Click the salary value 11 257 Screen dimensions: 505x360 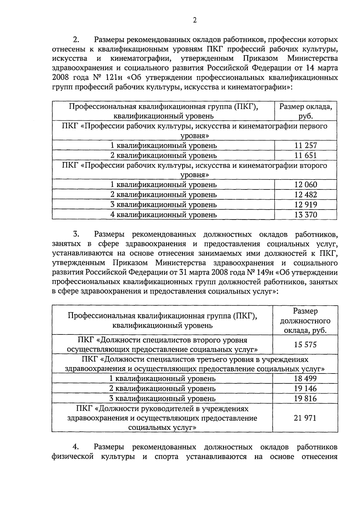pos(305,146)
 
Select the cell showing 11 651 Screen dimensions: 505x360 pos(305,156)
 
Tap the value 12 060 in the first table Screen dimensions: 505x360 pos(305,185)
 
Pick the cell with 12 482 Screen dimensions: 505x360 pos(305,195)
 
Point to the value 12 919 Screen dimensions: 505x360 pos(305,205)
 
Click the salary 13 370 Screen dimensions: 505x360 pos(305,215)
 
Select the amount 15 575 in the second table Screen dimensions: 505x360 pos(305,345)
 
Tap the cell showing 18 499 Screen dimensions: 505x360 pos(305,379)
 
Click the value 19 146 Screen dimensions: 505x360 pos(305,389)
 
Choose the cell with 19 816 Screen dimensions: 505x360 pos(305,398)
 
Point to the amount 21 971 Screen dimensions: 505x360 pos(305,418)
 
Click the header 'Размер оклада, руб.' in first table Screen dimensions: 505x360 pos(305,111)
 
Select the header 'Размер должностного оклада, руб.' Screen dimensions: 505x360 pos(305,321)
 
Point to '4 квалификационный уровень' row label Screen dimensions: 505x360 pos(163,215)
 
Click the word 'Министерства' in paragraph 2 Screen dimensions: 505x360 pos(312,58)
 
